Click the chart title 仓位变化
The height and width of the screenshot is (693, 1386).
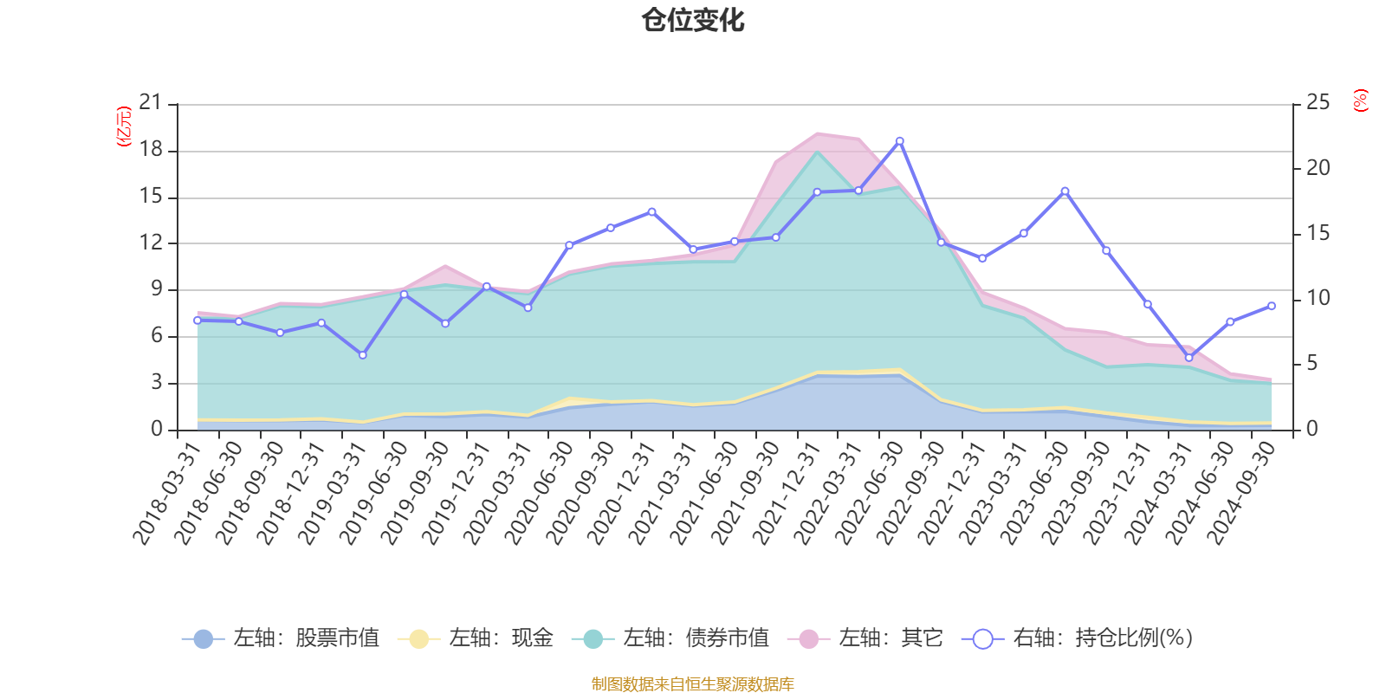[x=693, y=20]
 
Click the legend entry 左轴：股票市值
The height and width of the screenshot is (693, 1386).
[x=282, y=638]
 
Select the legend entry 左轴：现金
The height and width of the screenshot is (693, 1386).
[x=476, y=638]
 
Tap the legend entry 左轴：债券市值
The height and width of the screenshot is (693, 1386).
[x=671, y=638]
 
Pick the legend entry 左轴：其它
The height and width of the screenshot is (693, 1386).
[x=866, y=638]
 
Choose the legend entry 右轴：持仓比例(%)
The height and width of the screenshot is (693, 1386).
[x=1078, y=638]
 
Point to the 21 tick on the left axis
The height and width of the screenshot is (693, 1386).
[x=151, y=103]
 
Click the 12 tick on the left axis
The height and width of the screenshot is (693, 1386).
[x=151, y=243]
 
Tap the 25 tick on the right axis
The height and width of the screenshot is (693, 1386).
[x=1318, y=103]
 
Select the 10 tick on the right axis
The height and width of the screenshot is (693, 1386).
[x=1318, y=298]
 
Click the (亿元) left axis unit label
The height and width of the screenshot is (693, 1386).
[x=124, y=126]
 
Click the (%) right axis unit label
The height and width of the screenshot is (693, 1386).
[x=1361, y=100]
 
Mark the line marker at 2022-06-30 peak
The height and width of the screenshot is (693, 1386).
[x=899, y=140]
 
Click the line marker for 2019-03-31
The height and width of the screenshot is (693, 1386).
[x=362, y=355]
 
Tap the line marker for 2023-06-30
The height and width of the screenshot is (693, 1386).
[x=1065, y=191]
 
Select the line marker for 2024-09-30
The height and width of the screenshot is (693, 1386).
[x=1272, y=306]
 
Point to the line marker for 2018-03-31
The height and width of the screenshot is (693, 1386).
[x=198, y=321]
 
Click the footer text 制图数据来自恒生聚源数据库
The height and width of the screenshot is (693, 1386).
[x=693, y=684]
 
